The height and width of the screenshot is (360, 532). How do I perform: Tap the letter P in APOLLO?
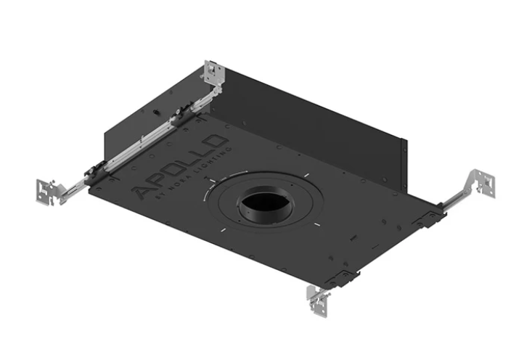[160, 179]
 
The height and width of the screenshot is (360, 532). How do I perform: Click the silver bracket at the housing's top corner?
[214, 73]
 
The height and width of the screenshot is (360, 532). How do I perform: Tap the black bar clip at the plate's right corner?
[428, 218]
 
